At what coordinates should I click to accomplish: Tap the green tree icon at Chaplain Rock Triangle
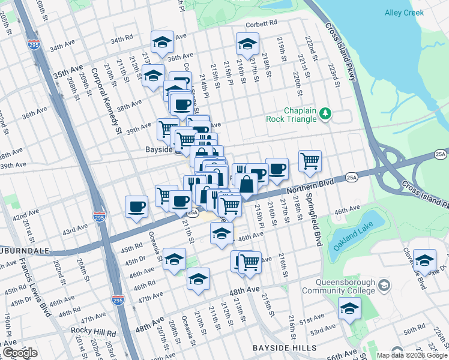[x=325, y=113]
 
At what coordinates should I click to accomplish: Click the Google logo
[x=19, y=353]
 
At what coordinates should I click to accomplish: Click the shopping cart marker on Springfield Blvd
[x=310, y=160]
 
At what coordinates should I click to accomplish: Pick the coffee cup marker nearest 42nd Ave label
[x=137, y=206]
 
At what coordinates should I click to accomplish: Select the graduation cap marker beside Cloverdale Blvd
[x=424, y=259]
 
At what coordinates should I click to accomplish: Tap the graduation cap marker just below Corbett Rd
[x=246, y=43]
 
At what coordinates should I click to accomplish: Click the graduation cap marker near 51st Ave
[x=349, y=308]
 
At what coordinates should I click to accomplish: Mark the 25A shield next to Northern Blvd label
[x=352, y=177]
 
